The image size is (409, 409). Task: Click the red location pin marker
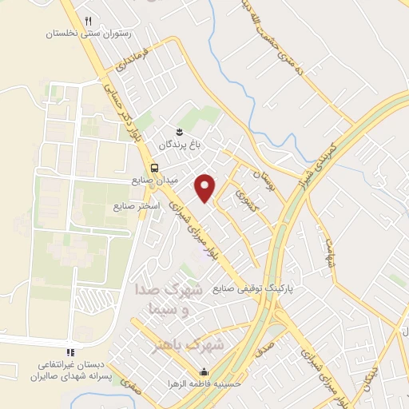(x=205, y=186)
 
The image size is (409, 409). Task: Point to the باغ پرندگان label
(x=177, y=145)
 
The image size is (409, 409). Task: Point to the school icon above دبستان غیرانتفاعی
(x=70, y=351)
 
